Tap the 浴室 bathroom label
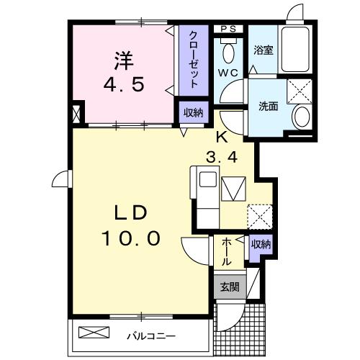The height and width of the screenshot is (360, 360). (x=263, y=51)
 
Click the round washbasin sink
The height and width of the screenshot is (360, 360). (x=301, y=117)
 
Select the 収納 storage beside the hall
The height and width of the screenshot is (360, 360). (x=261, y=245)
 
